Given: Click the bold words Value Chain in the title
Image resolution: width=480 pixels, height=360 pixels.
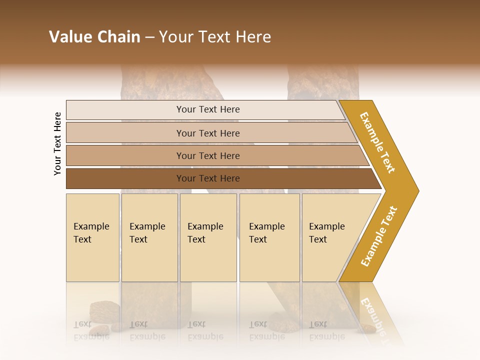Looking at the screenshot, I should click(x=94, y=37).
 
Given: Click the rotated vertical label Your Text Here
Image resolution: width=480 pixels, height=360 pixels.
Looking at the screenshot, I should click(x=57, y=143).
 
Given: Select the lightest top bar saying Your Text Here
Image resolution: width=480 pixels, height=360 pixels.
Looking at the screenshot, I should click(x=208, y=109).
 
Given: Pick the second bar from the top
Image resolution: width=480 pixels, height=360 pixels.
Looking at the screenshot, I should click(x=208, y=133).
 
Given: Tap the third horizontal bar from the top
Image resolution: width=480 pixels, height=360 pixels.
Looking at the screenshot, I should click(x=208, y=155).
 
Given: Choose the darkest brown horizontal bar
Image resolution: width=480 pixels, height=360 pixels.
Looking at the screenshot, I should click(x=208, y=178).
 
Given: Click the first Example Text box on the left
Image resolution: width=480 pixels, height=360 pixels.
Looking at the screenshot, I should click(x=92, y=237).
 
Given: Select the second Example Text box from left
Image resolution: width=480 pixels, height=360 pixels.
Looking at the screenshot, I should click(x=149, y=237).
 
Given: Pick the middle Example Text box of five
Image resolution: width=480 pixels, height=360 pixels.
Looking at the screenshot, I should click(x=208, y=237).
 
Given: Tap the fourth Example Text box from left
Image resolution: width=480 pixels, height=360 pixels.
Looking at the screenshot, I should click(x=269, y=237).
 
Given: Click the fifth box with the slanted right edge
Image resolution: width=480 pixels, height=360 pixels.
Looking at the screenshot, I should click(x=330, y=237).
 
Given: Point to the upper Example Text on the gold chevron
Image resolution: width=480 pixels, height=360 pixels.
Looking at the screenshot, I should click(x=378, y=142).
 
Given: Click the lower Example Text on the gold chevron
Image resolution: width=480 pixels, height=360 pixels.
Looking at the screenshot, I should click(x=379, y=236).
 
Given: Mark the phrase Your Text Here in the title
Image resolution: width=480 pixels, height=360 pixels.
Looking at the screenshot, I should click(x=215, y=37).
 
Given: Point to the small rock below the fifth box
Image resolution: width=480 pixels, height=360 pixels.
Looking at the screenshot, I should click(x=367, y=328).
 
